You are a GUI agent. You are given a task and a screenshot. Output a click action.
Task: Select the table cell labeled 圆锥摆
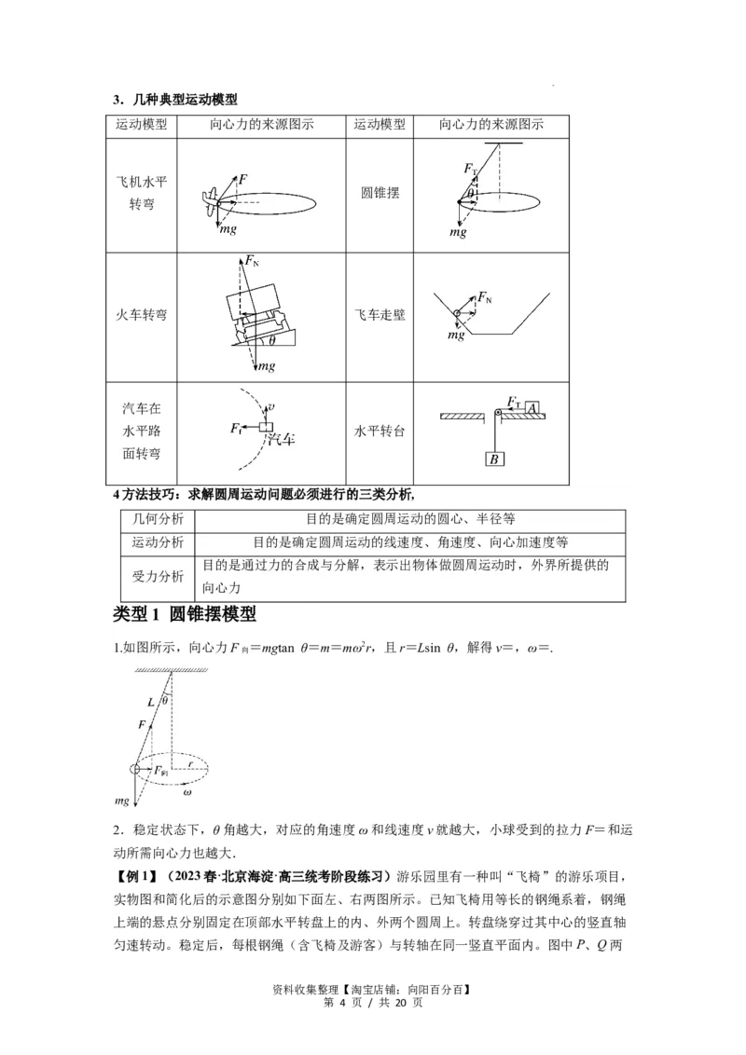point(380,193)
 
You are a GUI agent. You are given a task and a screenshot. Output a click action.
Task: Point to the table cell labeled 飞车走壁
point(380,315)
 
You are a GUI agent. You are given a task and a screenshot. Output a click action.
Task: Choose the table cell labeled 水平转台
point(380,432)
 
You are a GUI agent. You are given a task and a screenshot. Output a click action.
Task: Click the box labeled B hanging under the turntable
point(494,458)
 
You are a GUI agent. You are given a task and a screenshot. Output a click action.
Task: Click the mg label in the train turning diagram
point(267,366)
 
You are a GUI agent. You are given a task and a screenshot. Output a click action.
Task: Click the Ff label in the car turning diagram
point(236,428)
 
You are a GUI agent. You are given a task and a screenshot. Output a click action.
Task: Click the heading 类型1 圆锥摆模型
point(184,615)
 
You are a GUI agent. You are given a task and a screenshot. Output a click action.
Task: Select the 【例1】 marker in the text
point(135,877)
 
